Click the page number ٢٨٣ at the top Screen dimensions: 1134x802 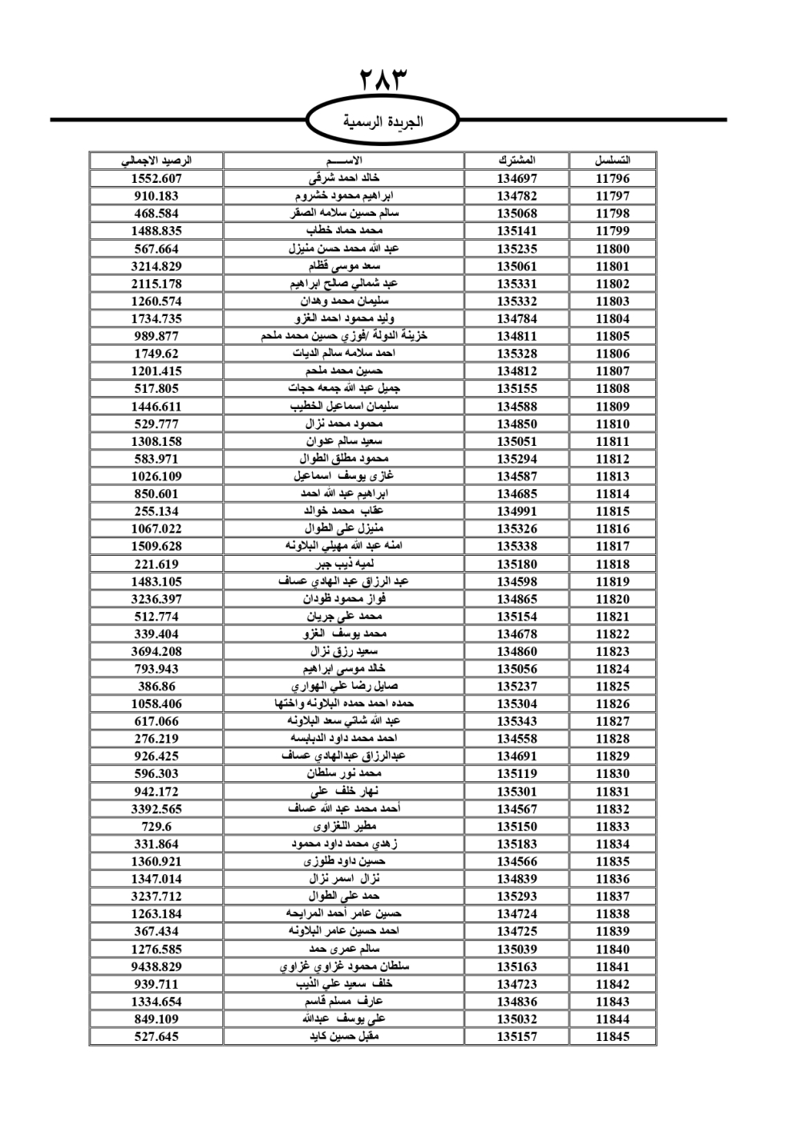pyautogui.click(x=384, y=81)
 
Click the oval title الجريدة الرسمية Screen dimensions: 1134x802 pyautogui.click(x=383, y=122)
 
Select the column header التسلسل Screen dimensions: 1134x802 pyautogui.click(x=613, y=160)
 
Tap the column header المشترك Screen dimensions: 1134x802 pyautogui.click(x=516, y=160)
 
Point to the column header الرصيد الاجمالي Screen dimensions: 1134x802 pyautogui.click(x=156, y=160)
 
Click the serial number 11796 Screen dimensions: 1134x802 pyautogui.click(x=613, y=179)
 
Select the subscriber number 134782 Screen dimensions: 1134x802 pyautogui.click(x=516, y=196)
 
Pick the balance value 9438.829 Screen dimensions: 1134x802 pyautogui.click(x=156, y=966)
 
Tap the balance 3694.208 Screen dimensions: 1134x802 pyautogui.click(x=156, y=651)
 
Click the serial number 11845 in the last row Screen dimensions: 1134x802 pyautogui.click(x=613, y=1036)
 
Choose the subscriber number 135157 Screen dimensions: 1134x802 pyautogui.click(x=516, y=1036)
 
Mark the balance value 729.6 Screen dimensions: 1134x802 pyautogui.click(x=156, y=826)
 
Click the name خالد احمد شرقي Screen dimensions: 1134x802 pyautogui.click(x=344, y=179)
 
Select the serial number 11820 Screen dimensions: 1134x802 pyautogui.click(x=613, y=599)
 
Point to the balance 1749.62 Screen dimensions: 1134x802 pyautogui.click(x=156, y=354)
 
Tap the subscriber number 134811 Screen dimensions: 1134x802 pyautogui.click(x=516, y=336)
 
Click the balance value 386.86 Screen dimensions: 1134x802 pyautogui.click(x=156, y=686)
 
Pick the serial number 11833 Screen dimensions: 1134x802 pyautogui.click(x=613, y=826)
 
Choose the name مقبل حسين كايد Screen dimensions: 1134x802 pyautogui.click(x=344, y=1036)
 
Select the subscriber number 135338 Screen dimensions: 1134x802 pyautogui.click(x=516, y=546)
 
